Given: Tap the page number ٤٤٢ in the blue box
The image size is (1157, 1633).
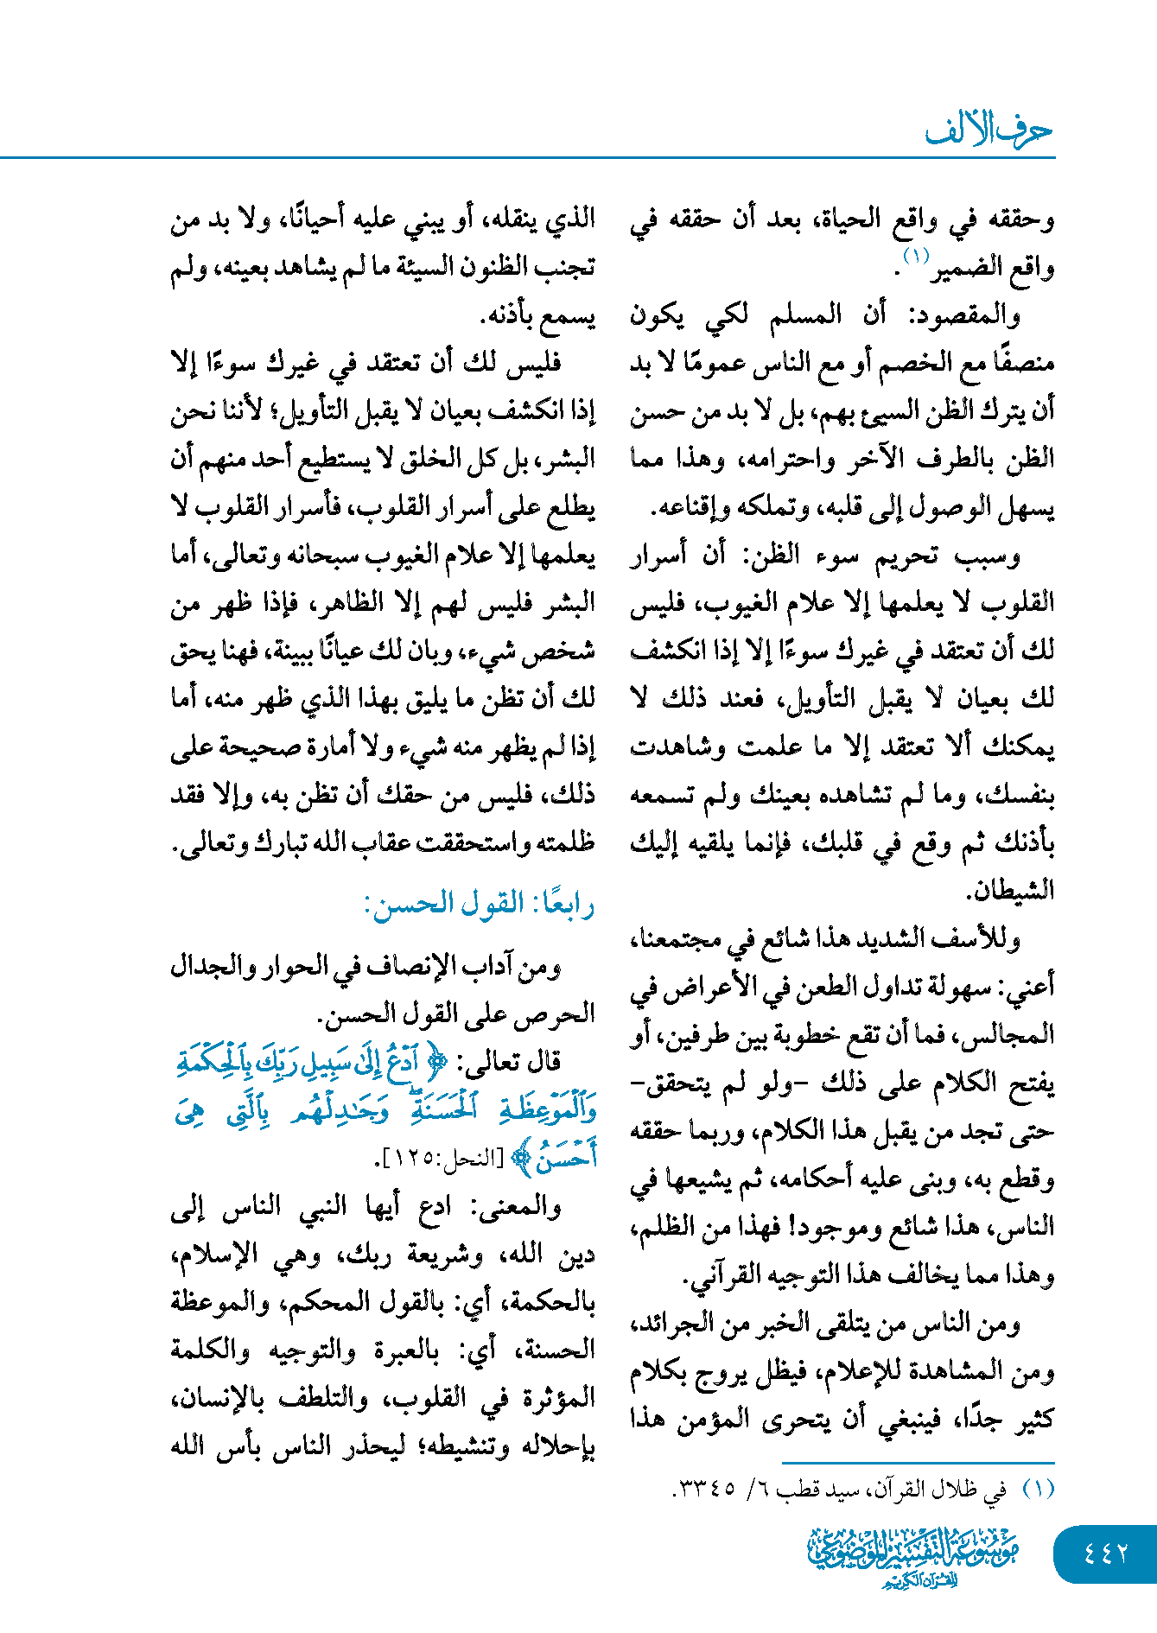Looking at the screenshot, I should pyautogui.click(x=1105, y=1553).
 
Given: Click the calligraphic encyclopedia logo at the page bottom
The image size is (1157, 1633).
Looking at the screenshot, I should pyautogui.click(x=913, y=1556).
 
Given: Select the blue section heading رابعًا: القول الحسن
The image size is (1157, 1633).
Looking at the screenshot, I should pyautogui.click(x=480, y=905).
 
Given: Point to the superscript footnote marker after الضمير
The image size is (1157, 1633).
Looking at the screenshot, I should pyautogui.click(x=915, y=256).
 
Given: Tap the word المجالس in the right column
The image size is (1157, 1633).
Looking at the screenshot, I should pyautogui.click(x=1011, y=1034).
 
